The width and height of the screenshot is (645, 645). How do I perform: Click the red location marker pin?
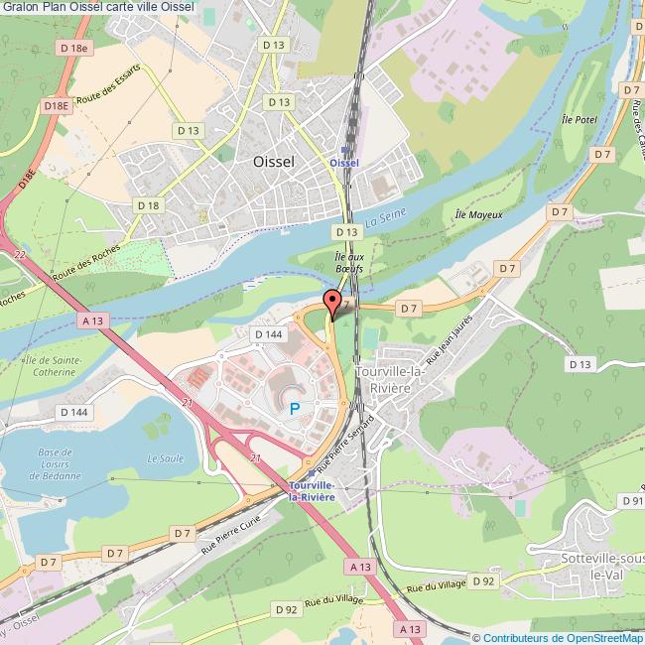pyautogui.click(x=333, y=305)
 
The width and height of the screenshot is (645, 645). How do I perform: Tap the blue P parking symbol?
pyautogui.click(x=294, y=408)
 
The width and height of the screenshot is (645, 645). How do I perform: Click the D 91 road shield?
pyautogui.click(x=631, y=502)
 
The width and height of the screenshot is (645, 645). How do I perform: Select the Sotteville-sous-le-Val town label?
pyautogui.click(x=589, y=567)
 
